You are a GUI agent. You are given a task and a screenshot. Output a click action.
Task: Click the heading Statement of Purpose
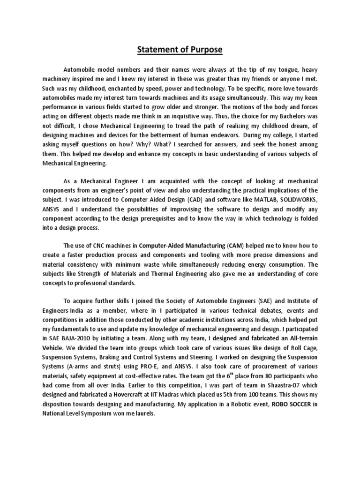180,50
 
